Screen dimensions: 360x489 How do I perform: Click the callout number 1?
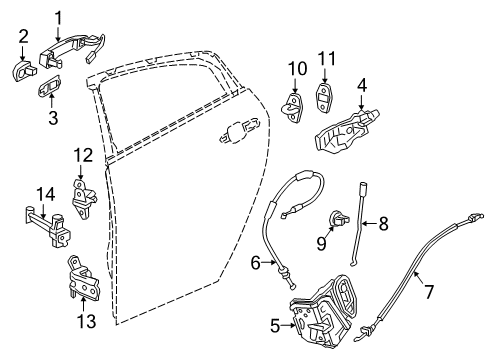click(x=58, y=16)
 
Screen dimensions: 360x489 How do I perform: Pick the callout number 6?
click(x=256, y=264)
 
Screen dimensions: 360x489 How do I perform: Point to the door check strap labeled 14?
click(x=46, y=216)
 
